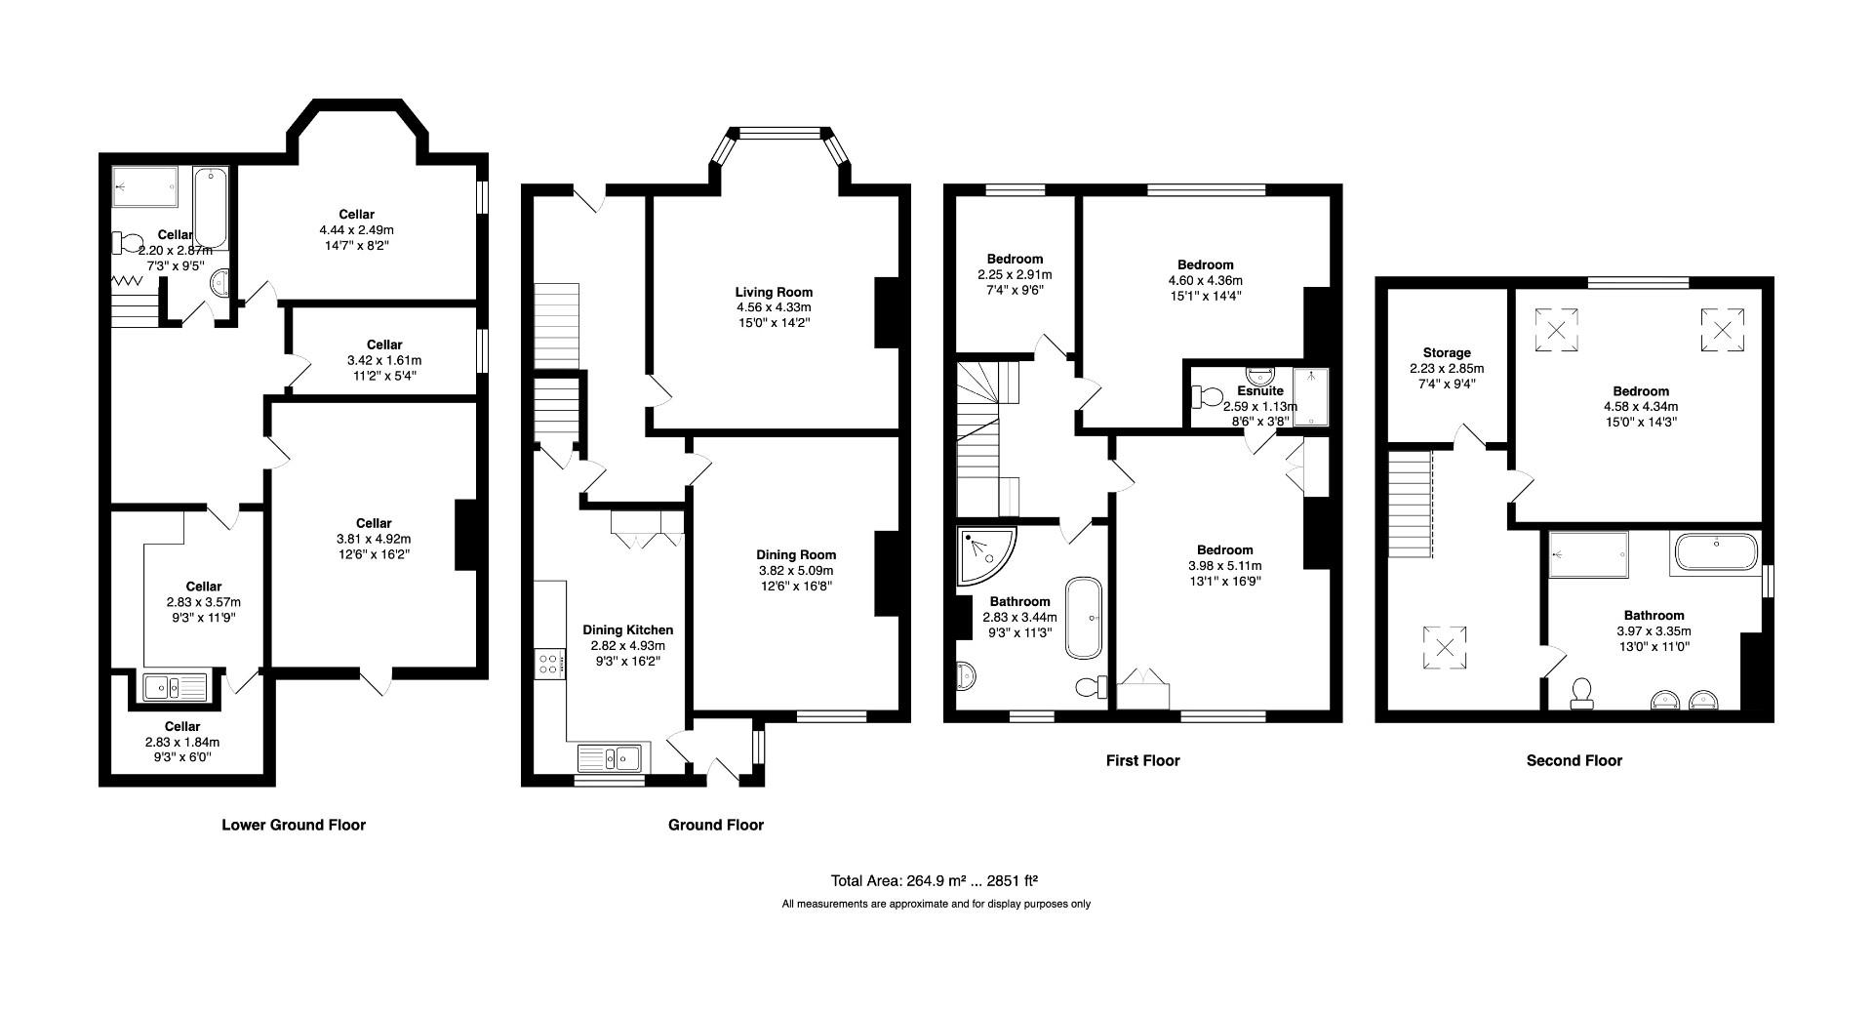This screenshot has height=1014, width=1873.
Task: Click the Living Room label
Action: pos(773,292)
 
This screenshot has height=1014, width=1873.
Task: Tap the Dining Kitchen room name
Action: pos(627,629)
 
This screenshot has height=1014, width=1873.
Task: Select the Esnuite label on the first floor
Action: pos(1259,390)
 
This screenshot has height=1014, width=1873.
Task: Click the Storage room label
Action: pos(1446,352)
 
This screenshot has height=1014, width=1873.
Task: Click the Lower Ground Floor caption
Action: pos(293,825)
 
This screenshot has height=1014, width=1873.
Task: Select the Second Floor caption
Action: pos(1574,760)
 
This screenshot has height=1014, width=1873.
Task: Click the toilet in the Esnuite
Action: pos(1207,396)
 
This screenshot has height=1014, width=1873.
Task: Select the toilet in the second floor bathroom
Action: pos(1581,692)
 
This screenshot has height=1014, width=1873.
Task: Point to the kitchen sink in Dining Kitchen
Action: pos(608,757)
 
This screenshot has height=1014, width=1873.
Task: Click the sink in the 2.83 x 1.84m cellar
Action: pos(174,687)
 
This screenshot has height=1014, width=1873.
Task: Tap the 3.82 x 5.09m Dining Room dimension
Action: pos(796,570)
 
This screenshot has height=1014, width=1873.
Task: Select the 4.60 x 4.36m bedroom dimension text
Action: pos(1205,280)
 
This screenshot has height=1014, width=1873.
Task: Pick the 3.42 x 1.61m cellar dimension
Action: pos(384,360)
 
